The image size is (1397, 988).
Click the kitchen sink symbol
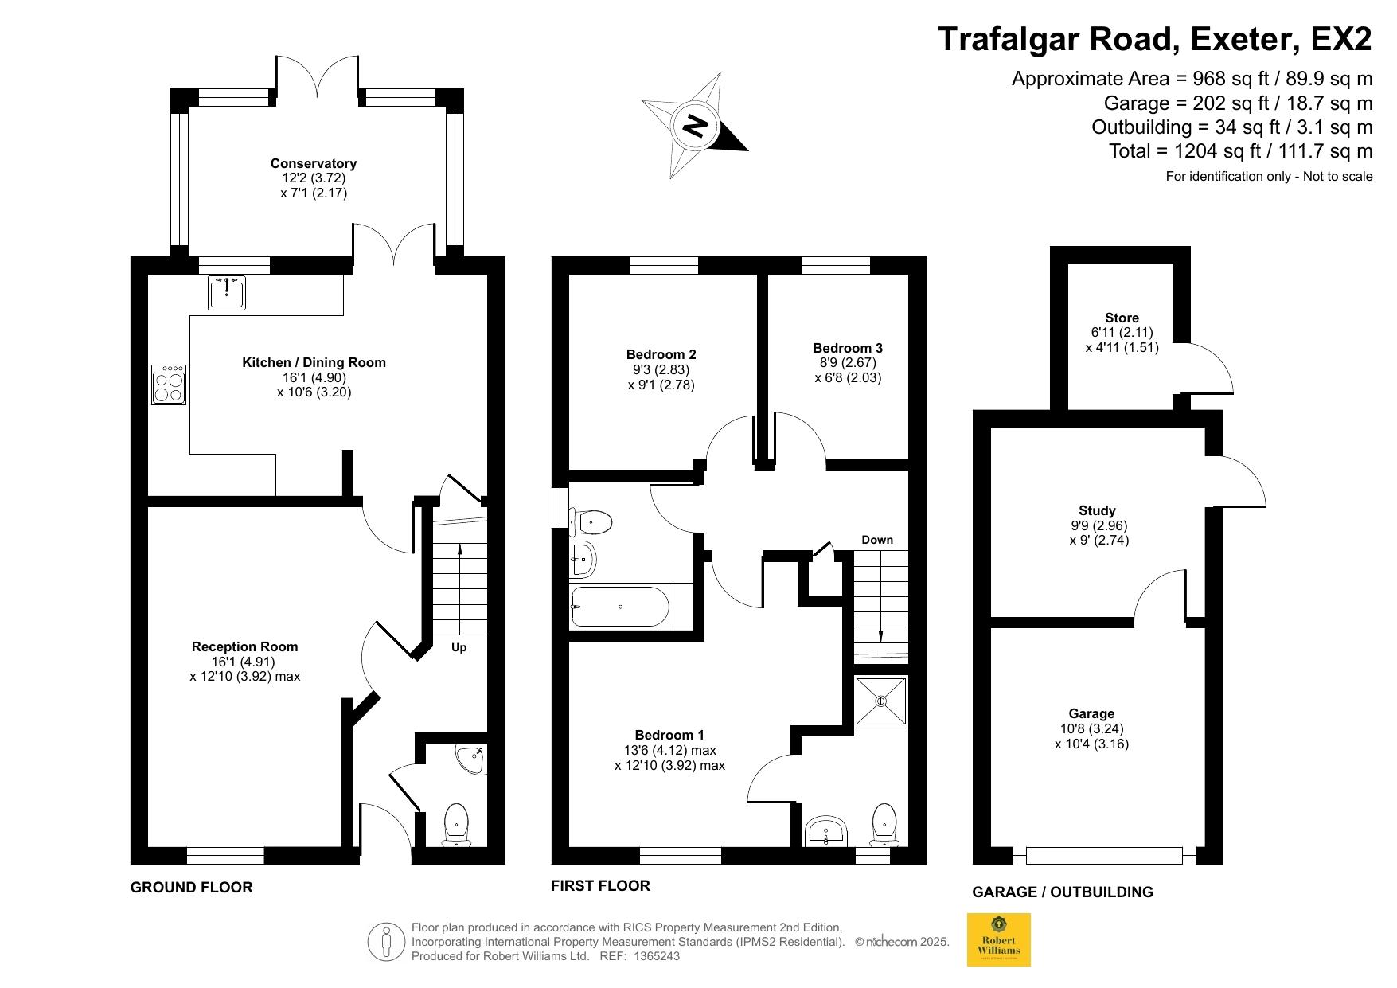click(228, 292)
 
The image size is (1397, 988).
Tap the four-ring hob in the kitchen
click(168, 385)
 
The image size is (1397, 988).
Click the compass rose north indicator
click(696, 126)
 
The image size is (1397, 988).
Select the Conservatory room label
click(314, 163)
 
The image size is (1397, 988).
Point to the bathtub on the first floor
click(622, 607)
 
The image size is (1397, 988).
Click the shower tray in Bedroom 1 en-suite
click(880, 701)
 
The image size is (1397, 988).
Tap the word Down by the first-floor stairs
click(877, 540)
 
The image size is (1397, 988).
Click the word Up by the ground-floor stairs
click(459, 647)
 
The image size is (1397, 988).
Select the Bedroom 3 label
click(848, 348)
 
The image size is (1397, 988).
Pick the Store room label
click(1122, 318)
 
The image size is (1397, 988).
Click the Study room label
click(1097, 510)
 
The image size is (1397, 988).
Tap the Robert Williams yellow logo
click(998, 939)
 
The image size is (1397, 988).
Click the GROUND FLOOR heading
click(192, 887)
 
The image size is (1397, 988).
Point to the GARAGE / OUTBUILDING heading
click(1063, 892)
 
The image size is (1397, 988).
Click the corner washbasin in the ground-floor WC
click(471, 759)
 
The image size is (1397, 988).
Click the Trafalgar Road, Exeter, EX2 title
click(1155, 38)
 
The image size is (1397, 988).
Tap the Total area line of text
click(1241, 150)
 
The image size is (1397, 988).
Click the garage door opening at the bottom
click(1105, 856)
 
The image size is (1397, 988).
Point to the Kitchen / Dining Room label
click(314, 362)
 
